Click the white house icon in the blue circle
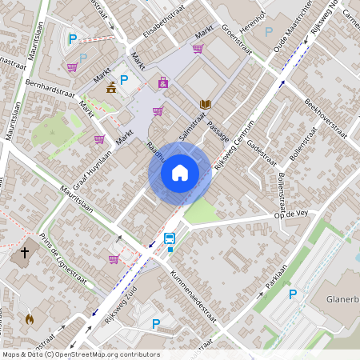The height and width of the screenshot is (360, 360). (x=180, y=172)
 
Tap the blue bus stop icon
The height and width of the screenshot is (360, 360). (x=170, y=238)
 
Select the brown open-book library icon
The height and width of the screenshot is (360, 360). (x=205, y=104)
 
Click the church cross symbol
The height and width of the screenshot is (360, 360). (x=24, y=253)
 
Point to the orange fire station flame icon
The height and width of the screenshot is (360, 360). (x=30, y=318)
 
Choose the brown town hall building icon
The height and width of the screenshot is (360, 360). (x=110, y=87)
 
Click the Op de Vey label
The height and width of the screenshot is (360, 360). (x=291, y=214)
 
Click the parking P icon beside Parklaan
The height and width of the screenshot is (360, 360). (x=292, y=294)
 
